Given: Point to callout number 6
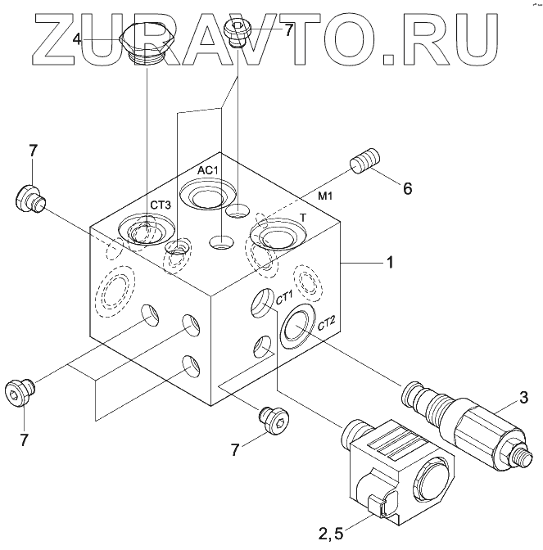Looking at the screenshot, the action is pos(407,188).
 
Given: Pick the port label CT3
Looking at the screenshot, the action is pos(160,205).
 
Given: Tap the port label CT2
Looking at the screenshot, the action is pos(327,322).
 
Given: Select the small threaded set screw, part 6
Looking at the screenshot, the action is pos(364,159).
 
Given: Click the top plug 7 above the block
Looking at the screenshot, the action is pos(238,34).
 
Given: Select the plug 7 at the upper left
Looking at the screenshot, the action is pos(31,198).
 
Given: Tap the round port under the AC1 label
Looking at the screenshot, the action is pos(205,196).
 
